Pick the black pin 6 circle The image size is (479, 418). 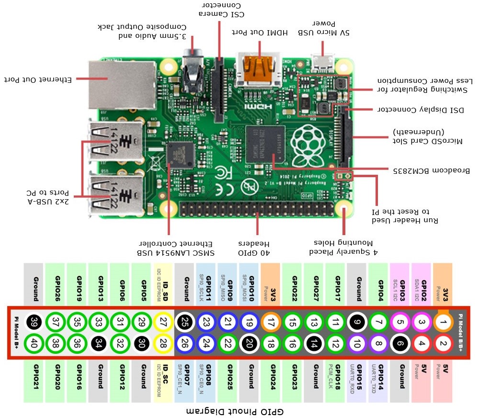pyautogui.click(x=400, y=343)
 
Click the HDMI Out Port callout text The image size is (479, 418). pyautogui.click(x=260, y=33)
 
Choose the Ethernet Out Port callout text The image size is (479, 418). pyautogui.click(x=38, y=79)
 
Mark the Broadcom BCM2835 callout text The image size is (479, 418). pyautogui.click(x=431, y=170)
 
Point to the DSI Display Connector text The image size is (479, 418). pyautogui.click(x=420, y=109)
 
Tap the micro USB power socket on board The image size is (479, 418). pyautogui.click(x=323, y=62)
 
